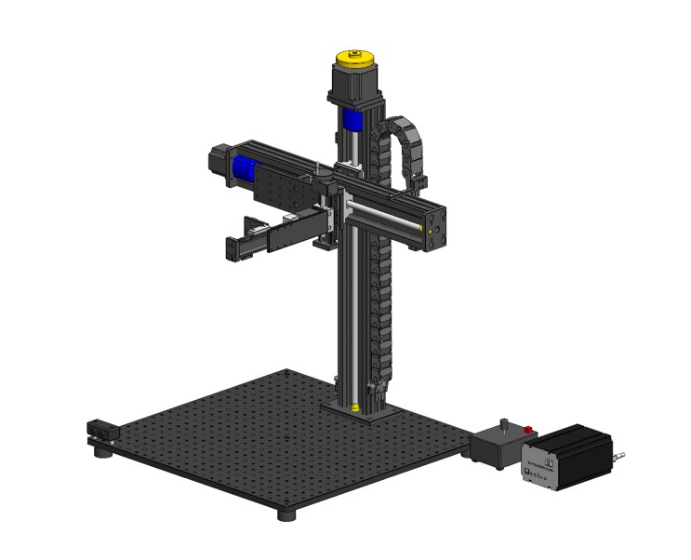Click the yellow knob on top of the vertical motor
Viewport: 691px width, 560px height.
[x=355, y=59]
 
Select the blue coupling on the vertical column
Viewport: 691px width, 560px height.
[x=353, y=119]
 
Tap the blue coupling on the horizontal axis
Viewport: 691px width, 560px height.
[x=244, y=168]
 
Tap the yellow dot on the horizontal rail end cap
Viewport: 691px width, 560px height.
[x=431, y=228]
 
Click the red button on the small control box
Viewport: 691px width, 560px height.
[x=528, y=430]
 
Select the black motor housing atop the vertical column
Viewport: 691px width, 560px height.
[x=352, y=88]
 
